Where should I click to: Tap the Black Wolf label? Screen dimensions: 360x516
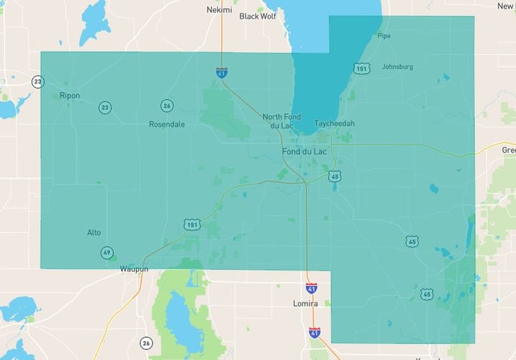coord(258,16)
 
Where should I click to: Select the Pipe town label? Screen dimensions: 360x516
coord(384,35)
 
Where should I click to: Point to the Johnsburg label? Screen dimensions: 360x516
coord(397,67)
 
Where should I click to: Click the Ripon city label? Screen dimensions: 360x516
coord(70,95)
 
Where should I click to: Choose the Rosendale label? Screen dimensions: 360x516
coord(167,124)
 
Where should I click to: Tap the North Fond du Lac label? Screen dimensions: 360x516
coord(283,121)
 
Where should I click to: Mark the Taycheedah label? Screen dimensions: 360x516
coord(335,123)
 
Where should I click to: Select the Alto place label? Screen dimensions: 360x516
coord(94,232)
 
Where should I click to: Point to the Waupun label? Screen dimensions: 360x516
coord(134,269)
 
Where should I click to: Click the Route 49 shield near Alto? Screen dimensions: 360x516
coord(107,252)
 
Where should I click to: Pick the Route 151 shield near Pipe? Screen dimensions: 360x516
coord(361,68)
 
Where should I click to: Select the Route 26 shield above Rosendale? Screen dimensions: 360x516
coord(167,106)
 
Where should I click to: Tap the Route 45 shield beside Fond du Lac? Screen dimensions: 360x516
coord(335,176)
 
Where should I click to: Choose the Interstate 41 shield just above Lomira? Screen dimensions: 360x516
coord(311,288)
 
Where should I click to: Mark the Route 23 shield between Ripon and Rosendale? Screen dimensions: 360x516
coord(106,108)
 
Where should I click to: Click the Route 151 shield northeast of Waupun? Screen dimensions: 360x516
coord(191,225)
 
